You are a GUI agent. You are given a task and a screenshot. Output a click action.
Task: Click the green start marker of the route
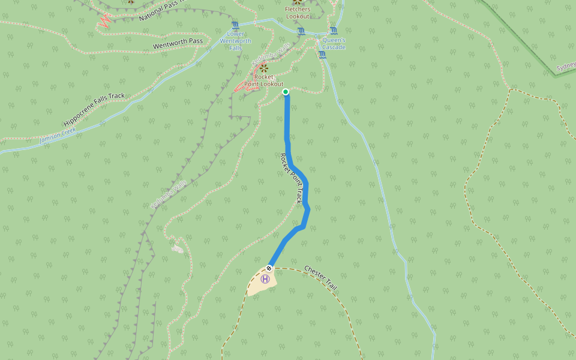(x=286, y=92)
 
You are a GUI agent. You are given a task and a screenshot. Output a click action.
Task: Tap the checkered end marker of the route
(x=269, y=268)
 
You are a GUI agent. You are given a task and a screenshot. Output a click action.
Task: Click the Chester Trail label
(x=320, y=278)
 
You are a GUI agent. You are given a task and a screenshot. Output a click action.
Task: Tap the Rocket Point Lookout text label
(x=263, y=80)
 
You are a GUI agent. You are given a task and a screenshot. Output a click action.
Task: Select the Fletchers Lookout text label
(x=298, y=13)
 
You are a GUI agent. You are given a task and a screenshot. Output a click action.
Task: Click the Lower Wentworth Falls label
(x=239, y=41)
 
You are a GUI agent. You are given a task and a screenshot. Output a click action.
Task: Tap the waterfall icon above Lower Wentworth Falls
(x=235, y=25)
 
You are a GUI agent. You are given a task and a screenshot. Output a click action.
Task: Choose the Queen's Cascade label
(x=334, y=44)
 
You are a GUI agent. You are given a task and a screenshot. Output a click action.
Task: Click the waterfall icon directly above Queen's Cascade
(x=333, y=31)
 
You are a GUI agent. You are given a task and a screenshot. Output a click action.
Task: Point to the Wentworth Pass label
(x=178, y=44)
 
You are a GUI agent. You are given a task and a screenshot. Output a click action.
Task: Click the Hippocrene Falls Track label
(x=94, y=109)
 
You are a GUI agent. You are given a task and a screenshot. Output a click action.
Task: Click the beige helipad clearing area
(x=259, y=285)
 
